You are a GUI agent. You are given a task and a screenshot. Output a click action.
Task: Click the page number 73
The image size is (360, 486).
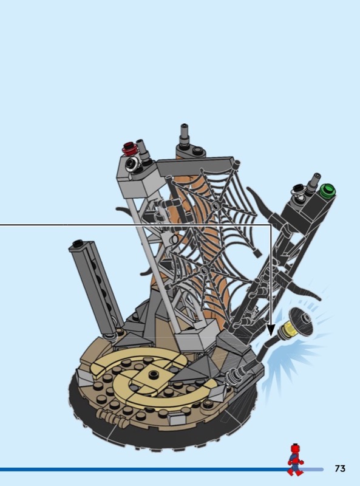[x=340, y=468]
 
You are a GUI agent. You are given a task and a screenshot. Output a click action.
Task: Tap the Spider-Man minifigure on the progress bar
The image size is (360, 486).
[x=295, y=460]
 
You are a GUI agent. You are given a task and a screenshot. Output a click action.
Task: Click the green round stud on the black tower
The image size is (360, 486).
[x=327, y=190]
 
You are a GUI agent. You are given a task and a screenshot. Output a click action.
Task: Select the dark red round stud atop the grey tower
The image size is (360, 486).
[x=131, y=148]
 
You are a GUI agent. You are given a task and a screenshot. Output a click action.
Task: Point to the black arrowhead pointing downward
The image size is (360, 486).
[x=271, y=330]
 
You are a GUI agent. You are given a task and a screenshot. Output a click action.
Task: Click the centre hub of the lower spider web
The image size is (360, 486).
[x=204, y=270]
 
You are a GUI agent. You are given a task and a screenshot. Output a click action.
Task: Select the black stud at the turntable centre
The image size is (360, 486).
[x=152, y=374]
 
